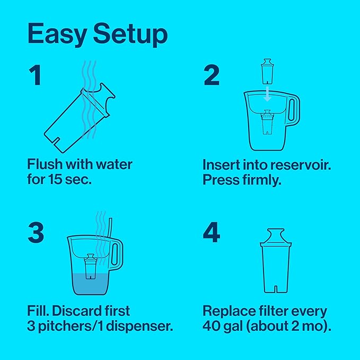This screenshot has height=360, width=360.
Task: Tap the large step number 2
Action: coord(211,75)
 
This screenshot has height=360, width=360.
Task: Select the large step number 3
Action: coord(36,233)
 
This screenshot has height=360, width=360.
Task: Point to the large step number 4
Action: coord(212,233)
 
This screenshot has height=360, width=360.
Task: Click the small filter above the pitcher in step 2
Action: coord(268,72)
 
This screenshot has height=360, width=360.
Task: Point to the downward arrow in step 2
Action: coord(268,94)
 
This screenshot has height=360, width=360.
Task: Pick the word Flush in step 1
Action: coord(45,164)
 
